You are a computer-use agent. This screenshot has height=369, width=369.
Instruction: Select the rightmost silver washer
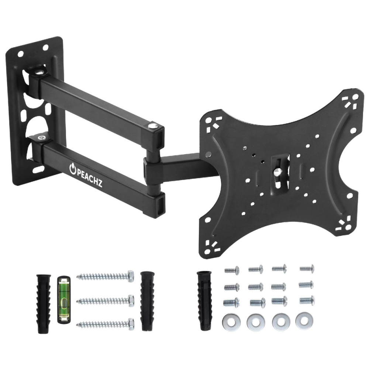(x=303, y=321)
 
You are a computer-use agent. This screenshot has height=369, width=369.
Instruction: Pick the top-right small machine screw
(x=307, y=268)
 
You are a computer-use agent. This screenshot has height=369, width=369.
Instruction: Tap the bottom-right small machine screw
(x=307, y=300)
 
